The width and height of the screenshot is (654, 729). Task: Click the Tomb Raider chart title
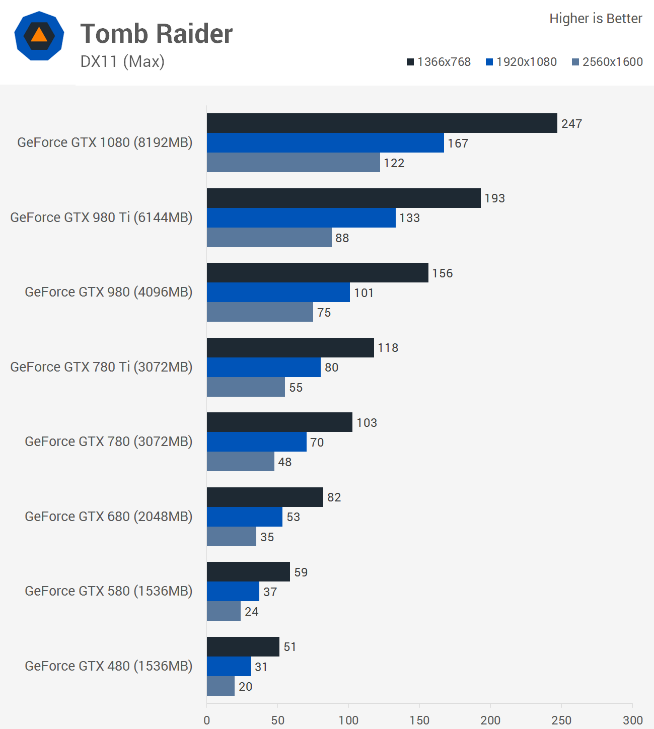click(x=156, y=34)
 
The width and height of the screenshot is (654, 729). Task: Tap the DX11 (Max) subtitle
click(x=122, y=61)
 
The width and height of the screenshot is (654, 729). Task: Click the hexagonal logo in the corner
click(x=39, y=36)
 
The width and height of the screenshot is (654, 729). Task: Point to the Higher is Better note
click(x=596, y=19)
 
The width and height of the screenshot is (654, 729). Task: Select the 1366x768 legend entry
click(x=439, y=62)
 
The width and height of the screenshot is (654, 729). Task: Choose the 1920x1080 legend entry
click(x=521, y=62)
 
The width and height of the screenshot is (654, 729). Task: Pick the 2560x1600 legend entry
click(x=607, y=62)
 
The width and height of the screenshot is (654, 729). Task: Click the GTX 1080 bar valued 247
click(x=382, y=123)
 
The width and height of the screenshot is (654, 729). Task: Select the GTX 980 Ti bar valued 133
click(x=301, y=218)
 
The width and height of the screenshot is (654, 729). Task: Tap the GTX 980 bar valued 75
click(x=260, y=312)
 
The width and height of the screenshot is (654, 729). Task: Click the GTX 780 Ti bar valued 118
click(x=290, y=348)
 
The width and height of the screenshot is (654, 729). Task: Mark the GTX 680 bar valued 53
click(x=244, y=517)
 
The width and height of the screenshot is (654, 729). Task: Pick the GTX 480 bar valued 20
click(x=221, y=686)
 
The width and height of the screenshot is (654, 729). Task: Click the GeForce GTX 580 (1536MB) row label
click(x=109, y=591)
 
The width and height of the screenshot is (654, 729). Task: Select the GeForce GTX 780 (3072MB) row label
click(x=109, y=442)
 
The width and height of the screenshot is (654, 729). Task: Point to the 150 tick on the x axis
click(x=419, y=720)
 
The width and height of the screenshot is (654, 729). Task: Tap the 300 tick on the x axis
click(x=632, y=720)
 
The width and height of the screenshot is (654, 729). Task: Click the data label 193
click(x=494, y=198)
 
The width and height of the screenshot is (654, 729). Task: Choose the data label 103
click(x=367, y=423)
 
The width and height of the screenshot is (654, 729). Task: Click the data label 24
click(x=251, y=612)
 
